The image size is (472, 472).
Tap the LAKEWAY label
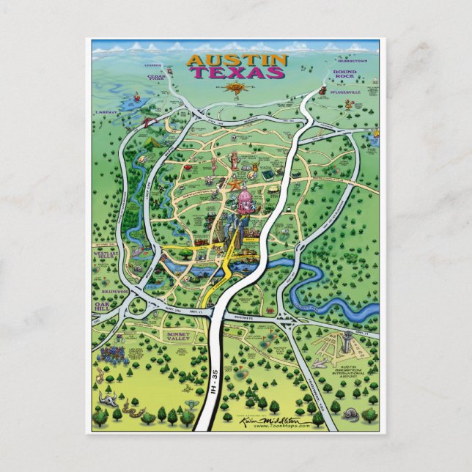[x=106, y=111]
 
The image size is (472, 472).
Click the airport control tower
[x=348, y=340]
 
